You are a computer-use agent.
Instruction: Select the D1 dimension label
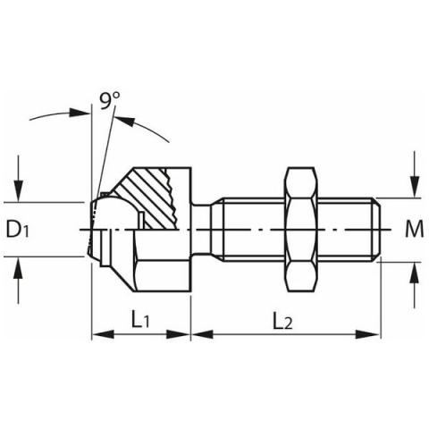[20, 229]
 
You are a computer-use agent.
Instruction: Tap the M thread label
[414, 229]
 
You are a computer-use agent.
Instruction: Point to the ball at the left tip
[105, 229]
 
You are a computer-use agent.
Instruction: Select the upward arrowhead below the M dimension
[414, 272]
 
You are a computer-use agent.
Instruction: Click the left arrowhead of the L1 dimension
[99, 336]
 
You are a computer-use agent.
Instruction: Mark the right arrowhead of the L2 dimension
[374, 336]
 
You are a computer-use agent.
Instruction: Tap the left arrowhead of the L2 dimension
[198, 336]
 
